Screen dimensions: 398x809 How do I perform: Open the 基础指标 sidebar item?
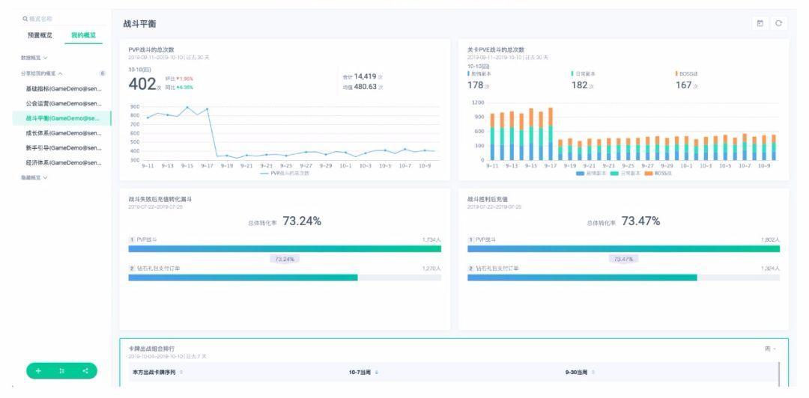pos(64,88)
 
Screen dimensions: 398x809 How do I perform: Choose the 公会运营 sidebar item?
pos(64,103)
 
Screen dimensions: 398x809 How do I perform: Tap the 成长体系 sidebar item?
pos(64,133)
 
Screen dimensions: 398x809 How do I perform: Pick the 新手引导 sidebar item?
pos(64,148)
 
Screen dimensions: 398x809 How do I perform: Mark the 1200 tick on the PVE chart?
pos(476,101)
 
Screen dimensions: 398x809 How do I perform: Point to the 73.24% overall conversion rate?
pos(302,221)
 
